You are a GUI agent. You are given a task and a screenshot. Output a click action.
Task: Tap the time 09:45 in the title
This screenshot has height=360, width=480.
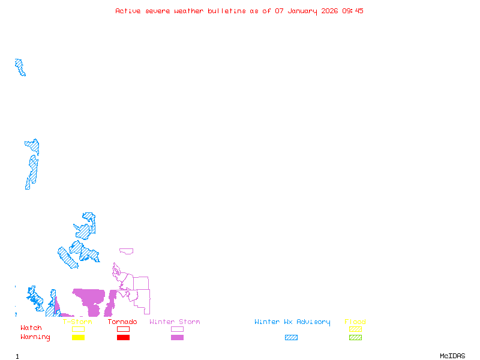[x=353, y=11]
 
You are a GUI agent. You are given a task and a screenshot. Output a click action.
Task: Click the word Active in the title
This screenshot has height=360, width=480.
[x=128, y=11]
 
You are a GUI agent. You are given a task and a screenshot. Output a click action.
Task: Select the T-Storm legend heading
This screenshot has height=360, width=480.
[x=77, y=322]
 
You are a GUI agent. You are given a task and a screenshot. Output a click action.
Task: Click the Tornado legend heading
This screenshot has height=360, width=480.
[x=122, y=322]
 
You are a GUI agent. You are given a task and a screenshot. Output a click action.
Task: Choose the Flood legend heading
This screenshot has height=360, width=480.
[x=355, y=322]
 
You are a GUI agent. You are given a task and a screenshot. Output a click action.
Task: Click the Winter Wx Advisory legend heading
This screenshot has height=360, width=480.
[x=292, y=322]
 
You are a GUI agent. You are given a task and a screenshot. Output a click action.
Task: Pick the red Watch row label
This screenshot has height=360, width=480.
[x=31, y=328]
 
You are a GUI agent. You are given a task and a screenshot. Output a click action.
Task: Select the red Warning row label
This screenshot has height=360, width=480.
[x=35, y=337]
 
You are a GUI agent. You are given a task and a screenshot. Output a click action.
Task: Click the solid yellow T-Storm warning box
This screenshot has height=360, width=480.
[x=78, y=338]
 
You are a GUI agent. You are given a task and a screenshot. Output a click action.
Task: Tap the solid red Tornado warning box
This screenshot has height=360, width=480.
[x=123, y=338]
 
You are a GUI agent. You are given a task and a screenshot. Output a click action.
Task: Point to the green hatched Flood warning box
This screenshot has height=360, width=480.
[x=355, y=338]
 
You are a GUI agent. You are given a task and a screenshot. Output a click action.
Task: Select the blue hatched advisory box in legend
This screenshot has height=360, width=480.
[x=291, y=338]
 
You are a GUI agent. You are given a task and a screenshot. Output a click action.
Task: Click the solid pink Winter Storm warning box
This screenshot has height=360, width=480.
[x=177, y=338]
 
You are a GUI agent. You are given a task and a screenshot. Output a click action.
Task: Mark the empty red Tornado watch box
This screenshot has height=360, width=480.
[x=123, y=329]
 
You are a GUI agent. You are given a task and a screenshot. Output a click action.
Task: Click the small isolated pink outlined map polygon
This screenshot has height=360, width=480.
[x=126, y=251]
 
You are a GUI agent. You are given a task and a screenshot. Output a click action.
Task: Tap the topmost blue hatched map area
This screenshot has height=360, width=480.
[x=20, y=67]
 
